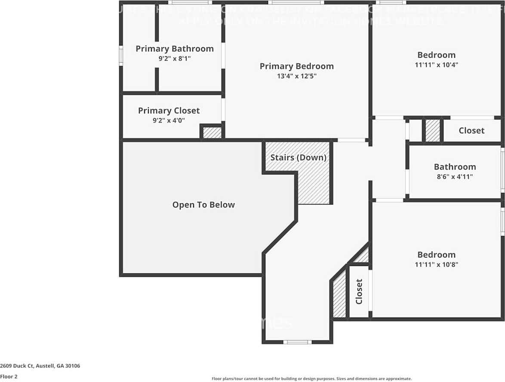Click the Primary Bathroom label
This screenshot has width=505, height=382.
coord(174,49)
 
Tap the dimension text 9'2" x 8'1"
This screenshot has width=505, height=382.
coord(174,58)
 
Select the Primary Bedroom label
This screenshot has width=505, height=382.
coord(296,66)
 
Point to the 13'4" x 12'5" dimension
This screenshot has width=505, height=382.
coord(296,76)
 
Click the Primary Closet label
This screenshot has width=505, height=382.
coord(169,111)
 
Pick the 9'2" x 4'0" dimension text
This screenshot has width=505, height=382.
coord(169,121)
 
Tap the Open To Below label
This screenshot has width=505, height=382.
coord(203,205)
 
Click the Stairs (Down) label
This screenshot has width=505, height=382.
coord(298,158)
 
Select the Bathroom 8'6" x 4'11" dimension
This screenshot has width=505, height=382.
coord(455,177)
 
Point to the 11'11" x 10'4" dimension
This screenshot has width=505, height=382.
coord(436,65)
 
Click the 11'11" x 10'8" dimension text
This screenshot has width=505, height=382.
coord(436,265)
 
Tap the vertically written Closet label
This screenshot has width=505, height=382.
coord(359,292)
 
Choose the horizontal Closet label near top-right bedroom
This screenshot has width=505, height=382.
coord(471,131)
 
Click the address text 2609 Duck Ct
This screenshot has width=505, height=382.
coord(40,366)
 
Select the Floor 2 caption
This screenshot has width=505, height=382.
coord(9,376)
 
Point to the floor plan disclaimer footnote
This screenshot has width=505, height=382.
coord(311,379)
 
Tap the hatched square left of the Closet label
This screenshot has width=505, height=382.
coord(433,131)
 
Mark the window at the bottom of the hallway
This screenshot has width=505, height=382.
coord(297,342)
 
